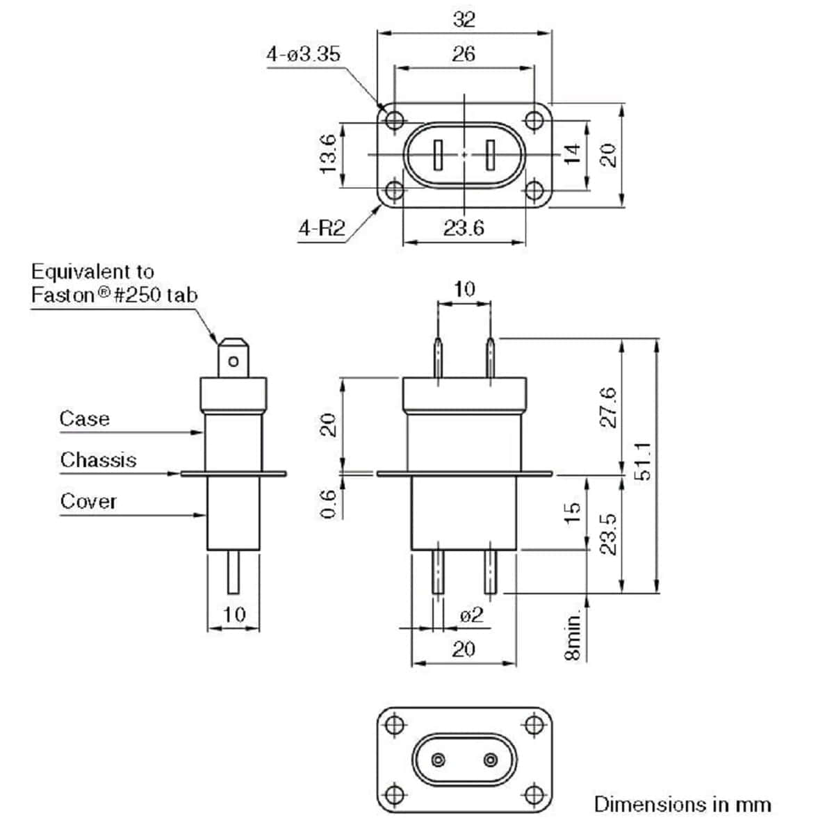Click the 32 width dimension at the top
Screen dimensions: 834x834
[x=464, y=19]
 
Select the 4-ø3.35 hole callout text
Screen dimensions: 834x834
[x=304, y=54]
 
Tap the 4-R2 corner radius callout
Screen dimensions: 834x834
[x=322, y=228]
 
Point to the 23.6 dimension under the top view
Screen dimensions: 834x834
[x=464, y=228]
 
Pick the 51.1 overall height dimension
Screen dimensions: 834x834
[x=643, y=460]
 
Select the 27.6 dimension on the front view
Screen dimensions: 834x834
[x=608, y=407]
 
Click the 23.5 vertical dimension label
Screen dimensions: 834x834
[x=608, y=534]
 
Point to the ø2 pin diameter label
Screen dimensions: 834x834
[x=471, y=615]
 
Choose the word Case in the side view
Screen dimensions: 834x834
[x=84, y=418]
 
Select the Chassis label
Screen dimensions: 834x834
[x=98, y=459]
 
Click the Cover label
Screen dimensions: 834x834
[x=88, y=501]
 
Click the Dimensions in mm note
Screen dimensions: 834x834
[x=682, y=804]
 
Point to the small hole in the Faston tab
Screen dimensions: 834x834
[x=234, y=361]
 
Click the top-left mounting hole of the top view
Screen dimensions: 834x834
[x=394, y=120]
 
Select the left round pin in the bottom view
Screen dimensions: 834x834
[x=439, y=758]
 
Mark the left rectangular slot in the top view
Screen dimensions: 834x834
[x=439, y=155]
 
